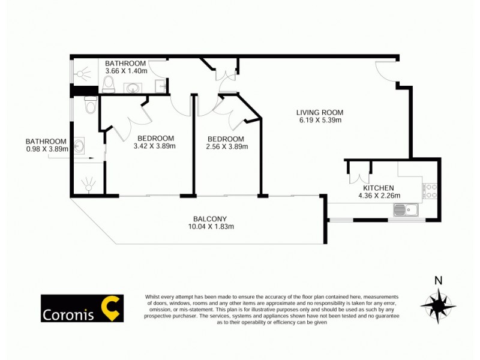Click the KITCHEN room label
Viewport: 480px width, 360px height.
click(376, 188)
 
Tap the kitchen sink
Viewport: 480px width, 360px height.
click(406, 210)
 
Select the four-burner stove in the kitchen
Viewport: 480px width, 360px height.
click(430, 190)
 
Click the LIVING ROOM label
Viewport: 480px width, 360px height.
click(319, 112)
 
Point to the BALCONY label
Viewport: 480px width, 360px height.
click(209, 218)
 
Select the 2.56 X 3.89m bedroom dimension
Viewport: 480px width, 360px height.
click(226, 146)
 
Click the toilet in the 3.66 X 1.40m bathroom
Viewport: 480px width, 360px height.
click(109, 85)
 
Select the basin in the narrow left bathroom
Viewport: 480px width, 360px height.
click(80, 145)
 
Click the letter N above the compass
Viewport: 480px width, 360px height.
click(438, 280)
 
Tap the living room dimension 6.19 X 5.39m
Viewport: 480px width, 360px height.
click(319, 120)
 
